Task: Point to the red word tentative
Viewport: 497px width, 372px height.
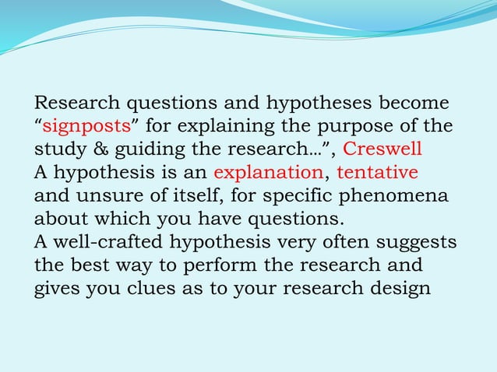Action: coord(377,172)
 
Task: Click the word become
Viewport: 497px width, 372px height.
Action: coord(413,103)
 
